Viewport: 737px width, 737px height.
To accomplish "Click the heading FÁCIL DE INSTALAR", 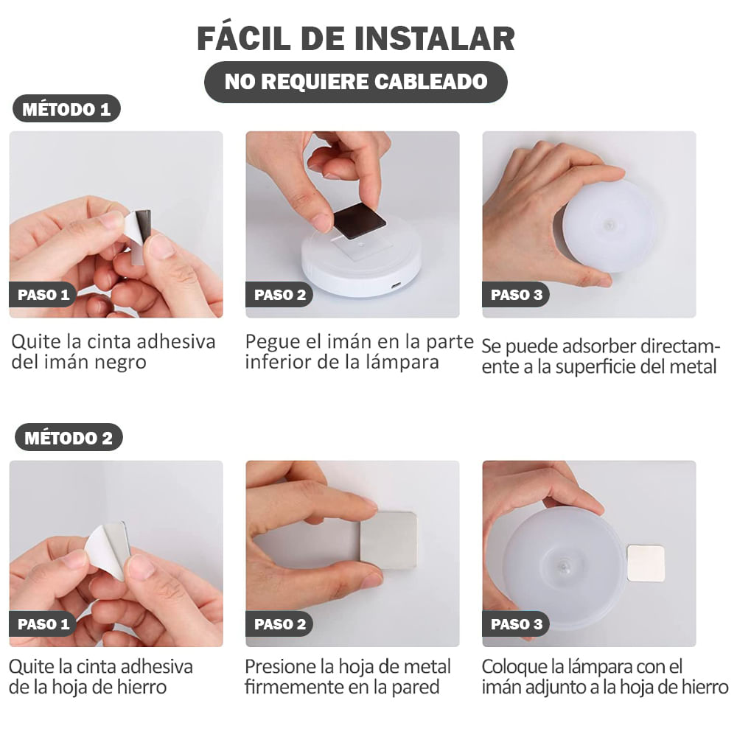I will tap(356, 38).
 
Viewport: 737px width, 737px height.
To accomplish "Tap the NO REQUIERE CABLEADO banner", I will tap(356, 82).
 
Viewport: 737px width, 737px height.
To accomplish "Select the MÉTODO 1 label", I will tap(66, 110).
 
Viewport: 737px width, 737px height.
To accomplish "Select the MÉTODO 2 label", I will tap(68, 438).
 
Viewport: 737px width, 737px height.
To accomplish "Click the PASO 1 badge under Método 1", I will tap(43, 296).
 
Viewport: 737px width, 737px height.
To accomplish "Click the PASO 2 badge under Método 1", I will tap(279, 296).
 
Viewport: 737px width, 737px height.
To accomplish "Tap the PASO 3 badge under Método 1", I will tap(516, 296).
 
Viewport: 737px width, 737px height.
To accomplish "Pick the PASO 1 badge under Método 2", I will tap(43, 624).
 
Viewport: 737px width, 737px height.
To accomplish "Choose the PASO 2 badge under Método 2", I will tap(279, 624).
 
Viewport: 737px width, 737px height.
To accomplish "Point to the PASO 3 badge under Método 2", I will tap(516, 624).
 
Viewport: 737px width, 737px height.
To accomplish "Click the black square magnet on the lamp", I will tap(359, 220).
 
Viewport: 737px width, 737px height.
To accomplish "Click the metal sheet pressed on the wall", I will tap(388, 539).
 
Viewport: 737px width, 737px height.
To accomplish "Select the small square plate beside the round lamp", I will tap(646, 563).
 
